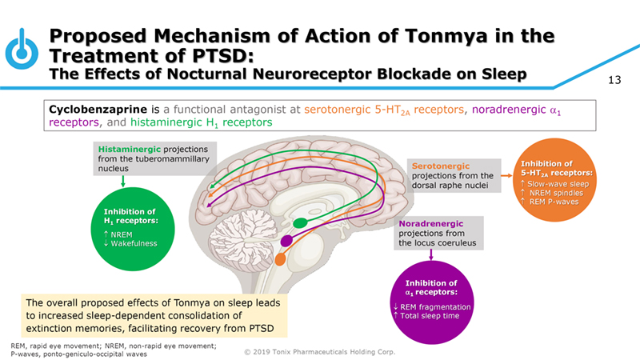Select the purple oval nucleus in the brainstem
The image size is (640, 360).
point(287,240)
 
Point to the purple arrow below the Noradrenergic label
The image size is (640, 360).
point(433,254)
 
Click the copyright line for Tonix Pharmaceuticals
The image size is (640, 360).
point(319,351)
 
